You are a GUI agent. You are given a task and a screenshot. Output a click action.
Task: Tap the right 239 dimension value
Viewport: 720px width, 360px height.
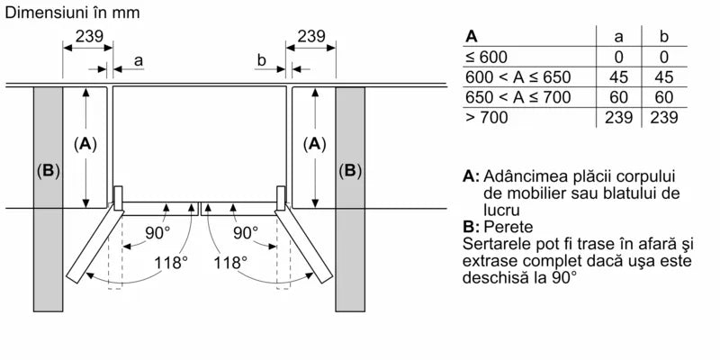310,37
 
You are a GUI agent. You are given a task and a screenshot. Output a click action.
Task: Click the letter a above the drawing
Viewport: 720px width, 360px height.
138,60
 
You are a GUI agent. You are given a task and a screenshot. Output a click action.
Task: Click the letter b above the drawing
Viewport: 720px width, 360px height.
261,60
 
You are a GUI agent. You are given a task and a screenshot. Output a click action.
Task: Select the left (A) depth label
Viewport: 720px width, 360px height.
85,144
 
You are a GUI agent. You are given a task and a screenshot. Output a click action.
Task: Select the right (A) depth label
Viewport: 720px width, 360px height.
314,144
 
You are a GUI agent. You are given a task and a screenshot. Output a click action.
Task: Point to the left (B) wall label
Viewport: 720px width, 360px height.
47,171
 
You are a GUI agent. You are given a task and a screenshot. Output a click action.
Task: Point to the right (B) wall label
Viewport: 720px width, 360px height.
350,171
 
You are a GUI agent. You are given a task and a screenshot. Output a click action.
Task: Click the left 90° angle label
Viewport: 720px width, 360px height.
157,232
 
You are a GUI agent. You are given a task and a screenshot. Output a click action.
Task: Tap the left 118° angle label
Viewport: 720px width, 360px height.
170,263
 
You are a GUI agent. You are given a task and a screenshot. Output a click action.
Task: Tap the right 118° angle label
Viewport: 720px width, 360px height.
231,263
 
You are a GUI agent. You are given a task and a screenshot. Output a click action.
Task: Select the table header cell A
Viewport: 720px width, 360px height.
471,37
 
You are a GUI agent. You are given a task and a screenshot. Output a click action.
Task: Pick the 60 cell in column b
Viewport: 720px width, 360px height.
663,97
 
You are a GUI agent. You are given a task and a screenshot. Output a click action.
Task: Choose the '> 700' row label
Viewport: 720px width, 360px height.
486,118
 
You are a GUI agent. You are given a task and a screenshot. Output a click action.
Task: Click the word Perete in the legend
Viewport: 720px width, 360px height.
508,227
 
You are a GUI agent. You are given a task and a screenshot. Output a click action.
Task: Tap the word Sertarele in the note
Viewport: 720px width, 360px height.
496,245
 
